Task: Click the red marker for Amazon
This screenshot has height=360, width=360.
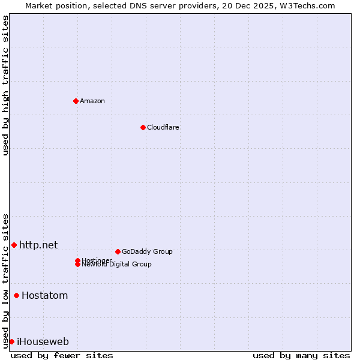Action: [76, 101]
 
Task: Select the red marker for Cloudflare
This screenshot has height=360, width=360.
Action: [143, 127]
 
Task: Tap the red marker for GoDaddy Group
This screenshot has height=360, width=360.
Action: [118, 251]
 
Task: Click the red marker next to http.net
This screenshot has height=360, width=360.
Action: [14, 245]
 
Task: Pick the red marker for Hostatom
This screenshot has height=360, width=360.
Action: [16, 295]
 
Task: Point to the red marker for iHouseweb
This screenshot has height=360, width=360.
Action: [11, 341]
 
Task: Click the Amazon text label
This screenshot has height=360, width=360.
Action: [92, 101]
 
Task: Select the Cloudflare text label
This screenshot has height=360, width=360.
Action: [163, 127]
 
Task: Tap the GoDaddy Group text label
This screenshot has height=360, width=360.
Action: [147, 251]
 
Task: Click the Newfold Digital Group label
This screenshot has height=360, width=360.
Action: [117, 265]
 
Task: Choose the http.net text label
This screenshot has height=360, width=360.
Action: [38, 245]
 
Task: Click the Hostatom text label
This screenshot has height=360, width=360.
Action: [44, 295]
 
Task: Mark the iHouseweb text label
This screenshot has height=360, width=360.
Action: [43, 342]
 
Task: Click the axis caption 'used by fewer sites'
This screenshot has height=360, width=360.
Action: [62, 356]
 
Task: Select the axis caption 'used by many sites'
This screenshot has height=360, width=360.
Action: [301, 356]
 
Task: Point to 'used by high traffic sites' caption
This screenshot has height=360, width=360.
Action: [5, 86]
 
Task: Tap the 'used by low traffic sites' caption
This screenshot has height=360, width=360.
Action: [5, 281]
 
